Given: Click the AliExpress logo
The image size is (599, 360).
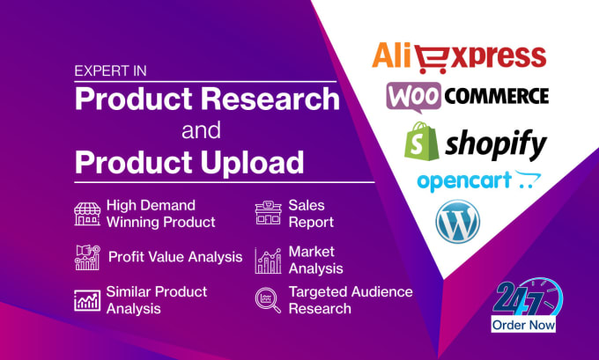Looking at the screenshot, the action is pos(459,58).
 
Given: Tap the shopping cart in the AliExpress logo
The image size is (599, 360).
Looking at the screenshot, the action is pos(433,59).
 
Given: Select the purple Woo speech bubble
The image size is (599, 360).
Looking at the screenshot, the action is pos(413,97).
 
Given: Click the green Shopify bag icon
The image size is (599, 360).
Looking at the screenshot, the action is pos(421,141).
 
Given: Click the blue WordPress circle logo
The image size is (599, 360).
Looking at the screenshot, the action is pos(458,221).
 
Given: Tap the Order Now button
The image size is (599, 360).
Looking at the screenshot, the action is pos(523,325).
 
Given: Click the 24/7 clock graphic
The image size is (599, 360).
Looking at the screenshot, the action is pos(528,298).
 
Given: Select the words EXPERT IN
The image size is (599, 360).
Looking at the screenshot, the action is pos(110,71).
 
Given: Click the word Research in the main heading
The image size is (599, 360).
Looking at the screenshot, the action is pos(270,99).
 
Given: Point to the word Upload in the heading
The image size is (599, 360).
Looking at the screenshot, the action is pos(253,162).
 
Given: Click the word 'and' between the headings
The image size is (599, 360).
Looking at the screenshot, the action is pos(202,130).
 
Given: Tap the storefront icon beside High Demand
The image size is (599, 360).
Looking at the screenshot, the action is pos(87,214).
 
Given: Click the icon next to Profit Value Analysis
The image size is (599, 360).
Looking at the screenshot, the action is pos(87,257).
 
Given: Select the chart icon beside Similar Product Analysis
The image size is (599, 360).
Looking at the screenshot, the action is pos(87,300).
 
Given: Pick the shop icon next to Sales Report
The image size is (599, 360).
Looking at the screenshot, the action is pos(268,213).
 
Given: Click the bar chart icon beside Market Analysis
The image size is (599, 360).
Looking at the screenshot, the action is pos(268,261).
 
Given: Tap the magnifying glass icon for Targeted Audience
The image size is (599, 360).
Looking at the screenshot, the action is pos(268,301).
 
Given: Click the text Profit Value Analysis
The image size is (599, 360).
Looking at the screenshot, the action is pos(175,257).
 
